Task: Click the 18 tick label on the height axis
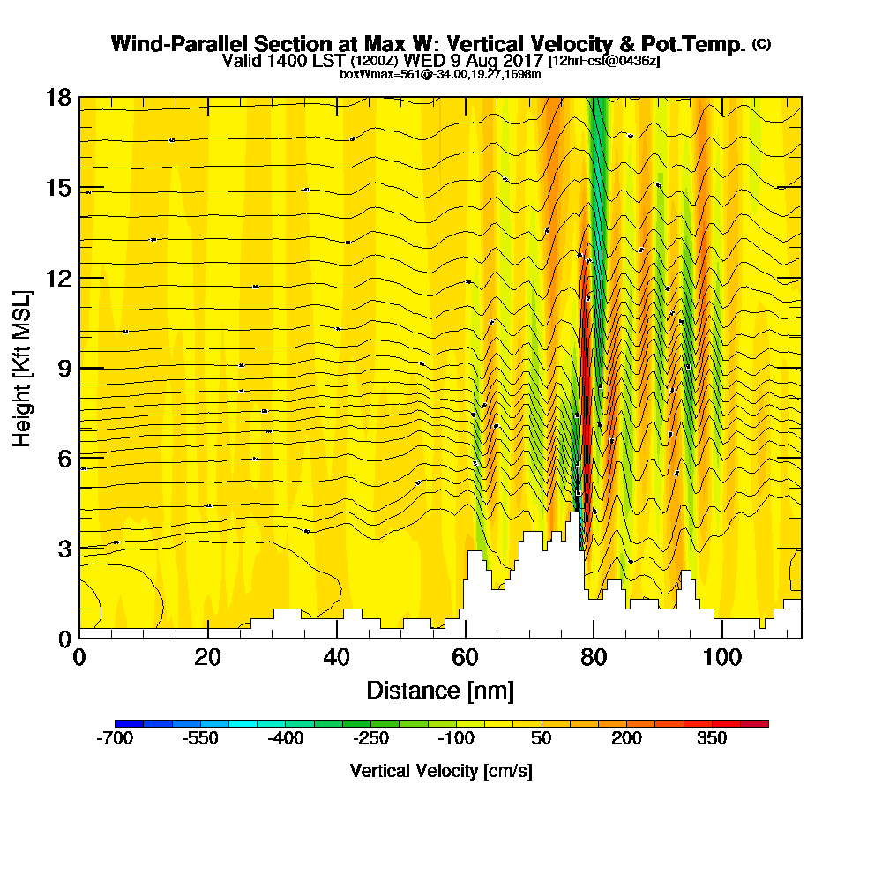pos(58,98)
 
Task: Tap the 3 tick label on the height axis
pos(64,549)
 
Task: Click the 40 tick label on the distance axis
pos(337,658)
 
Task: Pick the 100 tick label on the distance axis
pos(722,658)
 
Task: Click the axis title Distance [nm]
pos(440,690)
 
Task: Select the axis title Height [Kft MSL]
pos(23,367)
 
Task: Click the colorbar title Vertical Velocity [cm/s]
pos(441,771)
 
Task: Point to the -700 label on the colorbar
pos(114,739)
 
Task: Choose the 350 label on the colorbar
pos(712,739)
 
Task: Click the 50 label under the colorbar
pos(542,739)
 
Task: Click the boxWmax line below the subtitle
pos(440,75)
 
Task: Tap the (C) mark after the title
pos(761,44)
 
